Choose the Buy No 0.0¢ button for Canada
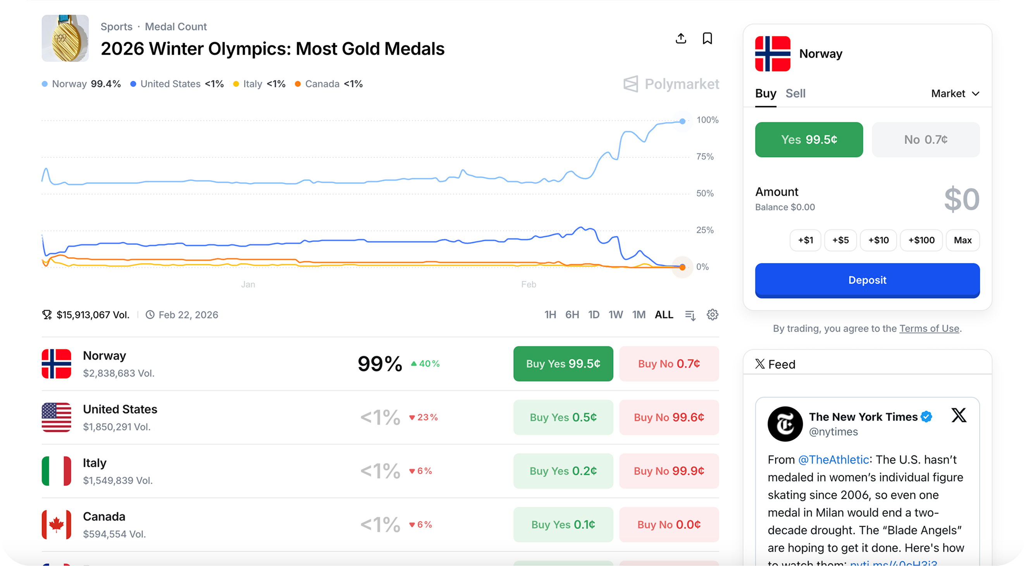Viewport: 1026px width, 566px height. pyautogui.click(x=669, y=525)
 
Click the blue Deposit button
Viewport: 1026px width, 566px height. pyautogui.click(x=867, y=280)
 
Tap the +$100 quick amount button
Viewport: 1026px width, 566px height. pyautogui.click(x=921, y=240)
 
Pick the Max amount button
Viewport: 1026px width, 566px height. pyautogui.click(x=962, y=240)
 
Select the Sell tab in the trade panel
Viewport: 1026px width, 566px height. pyautogui.click(x=795, y=94)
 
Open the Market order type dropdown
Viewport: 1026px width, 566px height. pyautogui.click(x=955, y=94)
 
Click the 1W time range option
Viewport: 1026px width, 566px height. pyautogui.click(x=615, y=315)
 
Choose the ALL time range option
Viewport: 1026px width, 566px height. pyautogui.click(x=664, y=315)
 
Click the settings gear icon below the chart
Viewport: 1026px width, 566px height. pyautogui.click(x=712, y=315)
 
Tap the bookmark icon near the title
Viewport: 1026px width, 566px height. pyautogui.click(x=707, y=39)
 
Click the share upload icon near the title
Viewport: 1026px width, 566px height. pyautogui.click(x=681, y=39)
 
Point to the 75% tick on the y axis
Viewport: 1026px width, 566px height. pyautogui.click(x=704, y=157)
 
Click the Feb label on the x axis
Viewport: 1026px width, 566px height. pyautogui.click(x=528, y=284)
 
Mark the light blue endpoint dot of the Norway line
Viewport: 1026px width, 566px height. pyautogui.click(x=682, y=121)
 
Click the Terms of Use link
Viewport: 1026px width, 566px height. pyautogui.click(x=929, y=329)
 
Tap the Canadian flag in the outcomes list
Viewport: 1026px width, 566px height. pyautogui.click(x=57, y=525)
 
